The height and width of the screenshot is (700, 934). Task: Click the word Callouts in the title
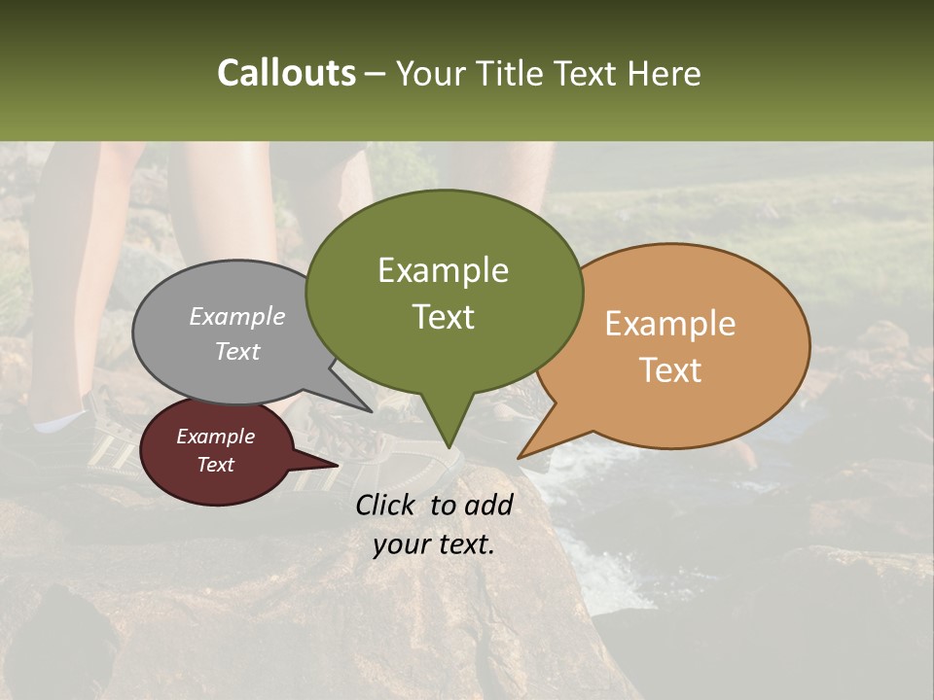286,73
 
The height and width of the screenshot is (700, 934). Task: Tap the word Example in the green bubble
443,270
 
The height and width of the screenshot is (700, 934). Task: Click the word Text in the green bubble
443,316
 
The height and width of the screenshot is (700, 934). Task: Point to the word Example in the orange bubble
670,324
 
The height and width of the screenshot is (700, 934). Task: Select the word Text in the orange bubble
670,369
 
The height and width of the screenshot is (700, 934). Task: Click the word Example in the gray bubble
237,316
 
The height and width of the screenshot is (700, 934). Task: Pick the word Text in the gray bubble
237,351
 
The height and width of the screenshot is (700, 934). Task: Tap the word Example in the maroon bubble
215,437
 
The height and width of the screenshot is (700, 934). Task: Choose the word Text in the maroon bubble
215,465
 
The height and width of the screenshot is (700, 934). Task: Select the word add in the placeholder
487,505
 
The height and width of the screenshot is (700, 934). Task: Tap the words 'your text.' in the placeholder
434,544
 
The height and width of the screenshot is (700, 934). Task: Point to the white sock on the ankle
58,423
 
